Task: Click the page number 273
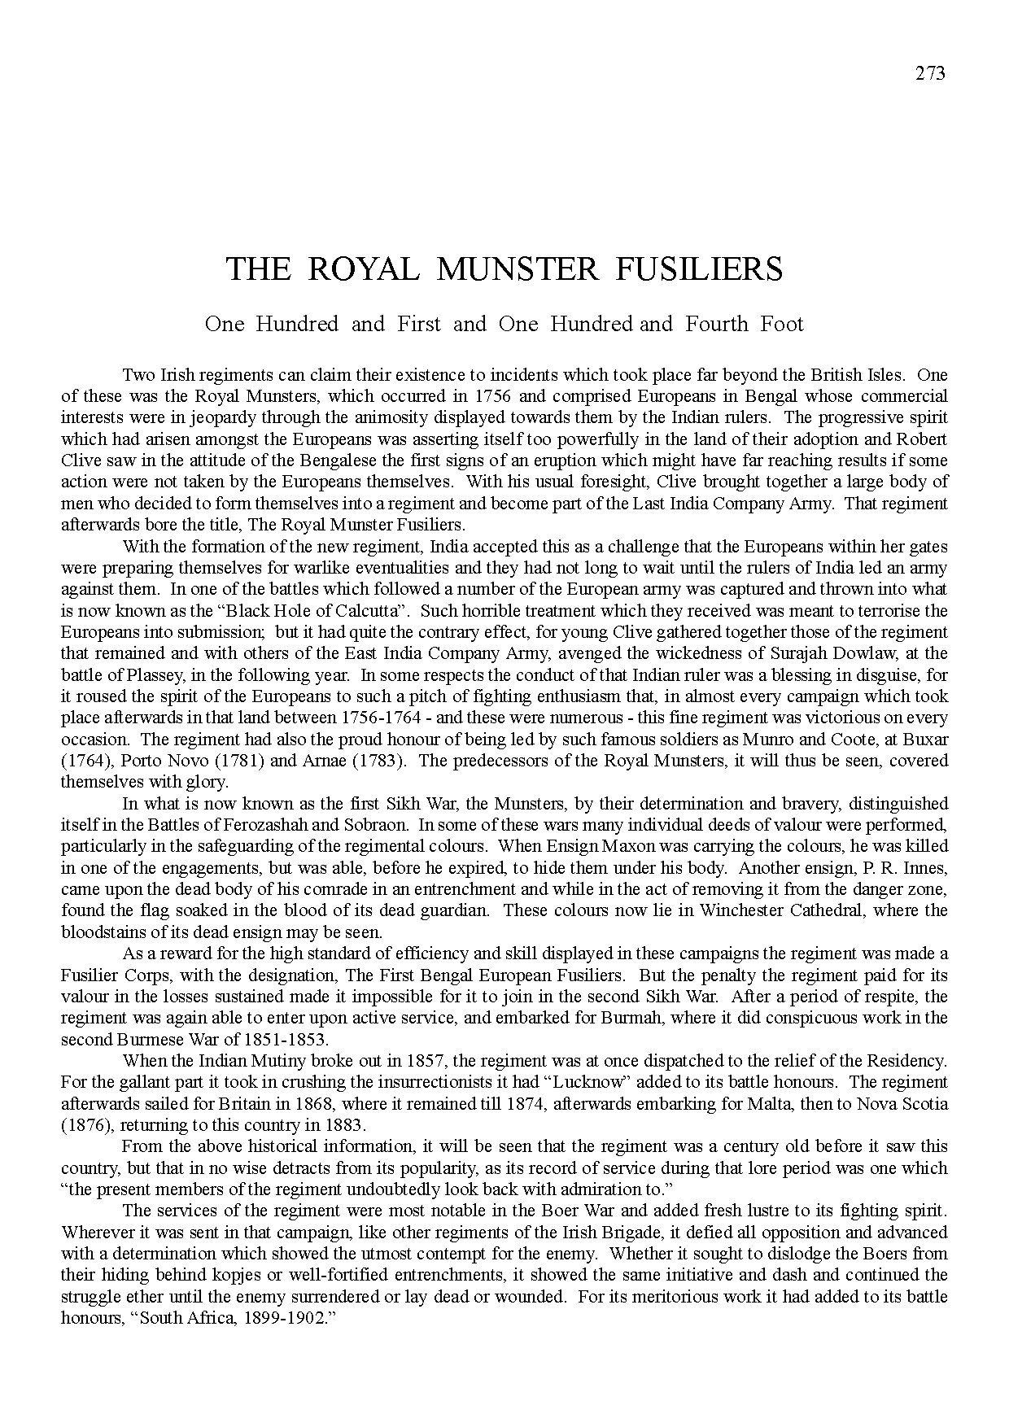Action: (x=930, y=73)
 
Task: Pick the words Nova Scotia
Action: (x=905, y=1104)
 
